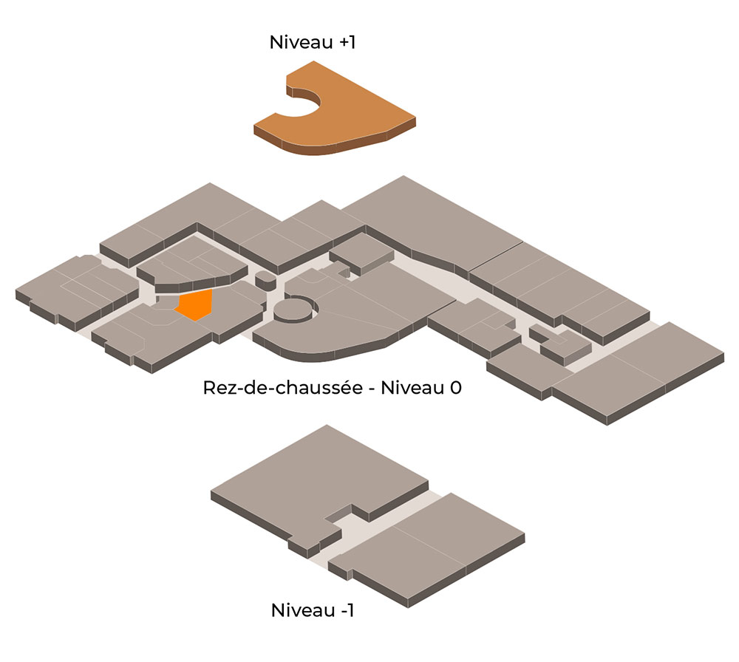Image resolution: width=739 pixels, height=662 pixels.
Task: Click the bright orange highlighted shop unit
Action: pos(194,305)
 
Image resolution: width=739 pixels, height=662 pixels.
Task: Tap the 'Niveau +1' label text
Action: pos(313,42)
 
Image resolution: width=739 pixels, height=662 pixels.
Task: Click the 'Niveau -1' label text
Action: pos(312,610)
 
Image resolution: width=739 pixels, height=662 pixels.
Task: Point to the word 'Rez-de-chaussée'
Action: pos(283,388)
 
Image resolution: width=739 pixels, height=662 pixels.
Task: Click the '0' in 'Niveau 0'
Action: pos(456,388)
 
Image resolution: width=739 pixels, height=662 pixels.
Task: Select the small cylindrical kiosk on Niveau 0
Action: pos(265,280)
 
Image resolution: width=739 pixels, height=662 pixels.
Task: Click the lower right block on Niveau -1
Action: pos(426,549)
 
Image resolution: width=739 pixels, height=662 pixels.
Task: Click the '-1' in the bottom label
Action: pos(347,610)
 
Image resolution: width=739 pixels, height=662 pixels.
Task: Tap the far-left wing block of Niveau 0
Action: pos(75,292)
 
